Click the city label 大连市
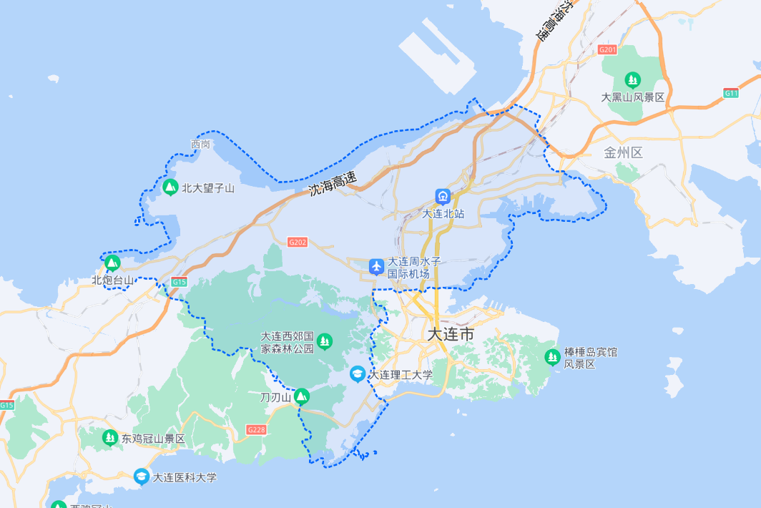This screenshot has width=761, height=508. click(x=451, y=335)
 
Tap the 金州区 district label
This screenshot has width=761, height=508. click(x=624, y=152)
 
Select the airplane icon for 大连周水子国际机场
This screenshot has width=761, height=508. click(x=377, y=267)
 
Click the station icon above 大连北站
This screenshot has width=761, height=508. click(x=443, y=196)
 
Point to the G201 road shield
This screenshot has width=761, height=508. click(x=607, y=49)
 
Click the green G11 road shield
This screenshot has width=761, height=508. click(x=730, y=93)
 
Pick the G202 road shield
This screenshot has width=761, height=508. click(x=298, y=243)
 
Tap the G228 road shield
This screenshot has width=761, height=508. click(x=256, y=429)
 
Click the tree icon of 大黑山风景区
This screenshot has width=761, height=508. click(x=632, y=79)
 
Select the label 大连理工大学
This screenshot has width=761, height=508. click(x=401, y=374)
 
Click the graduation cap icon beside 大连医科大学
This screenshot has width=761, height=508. click(x=142, y=476)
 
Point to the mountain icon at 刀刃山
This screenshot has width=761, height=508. click(x=302, y=396)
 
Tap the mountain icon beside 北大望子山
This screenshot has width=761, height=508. click(x=170, y=187)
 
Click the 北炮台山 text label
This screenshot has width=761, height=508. click(x=112, y=280)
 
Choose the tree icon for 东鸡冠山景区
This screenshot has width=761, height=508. click(x=109, y=437)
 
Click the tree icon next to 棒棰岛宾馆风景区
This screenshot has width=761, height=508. click(x=552, y=356)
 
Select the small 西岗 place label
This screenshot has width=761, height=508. click(x=201, y=145)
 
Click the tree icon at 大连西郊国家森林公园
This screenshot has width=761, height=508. click(x=325, y=341)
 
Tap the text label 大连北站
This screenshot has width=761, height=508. click(x=443, y=213)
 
